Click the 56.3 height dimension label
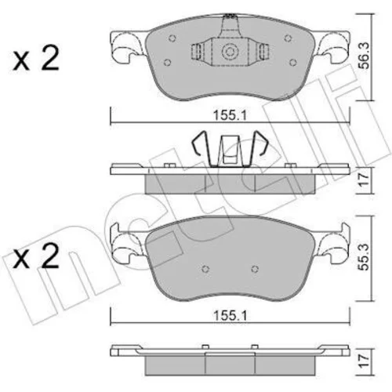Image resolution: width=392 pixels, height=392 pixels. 364,56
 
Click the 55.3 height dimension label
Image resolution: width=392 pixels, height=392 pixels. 364,257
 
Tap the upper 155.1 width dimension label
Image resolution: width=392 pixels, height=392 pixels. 230,115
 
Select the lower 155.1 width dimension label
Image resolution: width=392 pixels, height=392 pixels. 230,316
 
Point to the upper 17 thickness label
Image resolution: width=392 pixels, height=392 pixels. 364,180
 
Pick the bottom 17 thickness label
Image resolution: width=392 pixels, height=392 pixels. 364,361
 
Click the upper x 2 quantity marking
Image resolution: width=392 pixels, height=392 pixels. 36,58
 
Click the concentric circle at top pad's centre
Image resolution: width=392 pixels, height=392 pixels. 229,52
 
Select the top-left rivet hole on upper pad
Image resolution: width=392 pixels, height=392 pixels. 172,38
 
